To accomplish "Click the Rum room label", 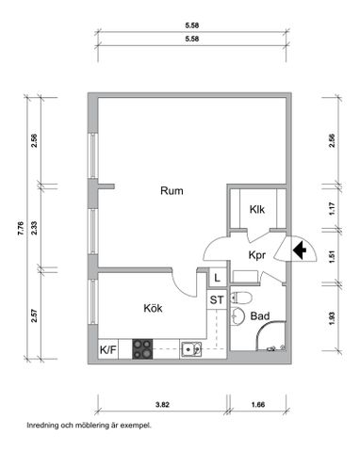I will point(171,191).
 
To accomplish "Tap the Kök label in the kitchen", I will point(153,308).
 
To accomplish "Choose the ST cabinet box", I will point(216,300).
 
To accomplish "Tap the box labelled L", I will point(216,278).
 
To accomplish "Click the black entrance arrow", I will point(300,251).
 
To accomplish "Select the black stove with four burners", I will point(142,349).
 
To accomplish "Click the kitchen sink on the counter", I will point(192,349).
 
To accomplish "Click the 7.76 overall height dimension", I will point(21,226).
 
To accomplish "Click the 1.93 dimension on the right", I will point(332,319).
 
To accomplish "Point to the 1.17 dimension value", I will point(332,209).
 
